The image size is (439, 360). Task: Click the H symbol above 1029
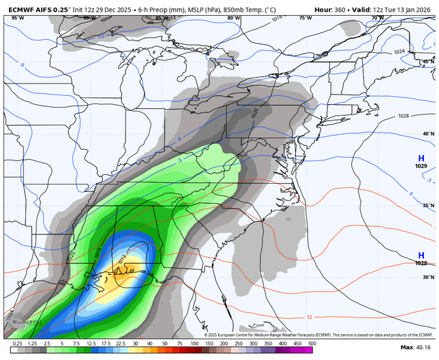[x=421, y=158]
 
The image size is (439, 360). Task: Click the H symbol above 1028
[x=421, y=255]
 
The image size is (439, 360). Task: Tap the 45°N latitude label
[x=429, y=62]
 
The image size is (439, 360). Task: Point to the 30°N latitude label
[x=429, y=278]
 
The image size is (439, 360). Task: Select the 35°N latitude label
[x=429, y=206]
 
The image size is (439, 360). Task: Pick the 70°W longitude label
[x=377, y=18]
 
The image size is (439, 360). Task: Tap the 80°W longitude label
[x=234, y=18]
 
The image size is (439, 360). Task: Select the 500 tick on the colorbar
[x=311, y=343]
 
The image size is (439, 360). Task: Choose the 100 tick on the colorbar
[x=193, y=343]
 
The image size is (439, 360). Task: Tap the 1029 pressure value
[x=421, y=167]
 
